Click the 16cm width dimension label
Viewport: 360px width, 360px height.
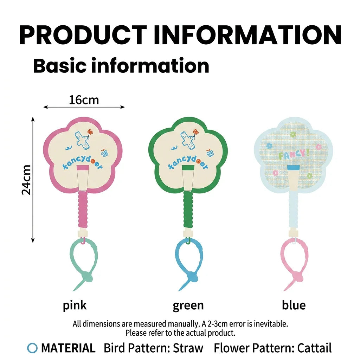(x=84, y=100)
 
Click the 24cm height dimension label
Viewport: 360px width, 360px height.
(x=26, y=180)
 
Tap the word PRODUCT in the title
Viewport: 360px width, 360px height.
(x=83, y=35)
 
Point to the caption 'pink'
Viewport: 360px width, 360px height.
(x=75, y=306)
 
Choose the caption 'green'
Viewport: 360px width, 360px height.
(x=188, y=306)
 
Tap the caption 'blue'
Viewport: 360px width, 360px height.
(x=294, y=305)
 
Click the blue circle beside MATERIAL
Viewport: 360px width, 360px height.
(x=32, y=348)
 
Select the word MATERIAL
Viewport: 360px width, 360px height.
(x=68, y=348)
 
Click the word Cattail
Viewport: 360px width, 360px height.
(x=314, y=348)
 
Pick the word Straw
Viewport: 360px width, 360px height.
(x=188, y=348)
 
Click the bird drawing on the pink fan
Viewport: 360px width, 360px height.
(x=83, y=140)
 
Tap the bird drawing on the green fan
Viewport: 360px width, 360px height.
(x=189, y=140)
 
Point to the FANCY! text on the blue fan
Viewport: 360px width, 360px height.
(x=294, y=154)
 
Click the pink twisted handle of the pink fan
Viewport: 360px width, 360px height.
(x=83, y=209)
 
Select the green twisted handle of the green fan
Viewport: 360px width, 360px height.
(x=188, y=209)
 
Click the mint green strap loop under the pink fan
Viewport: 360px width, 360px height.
(x=71, y=255)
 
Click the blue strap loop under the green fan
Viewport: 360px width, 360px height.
(x=177, y=255)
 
